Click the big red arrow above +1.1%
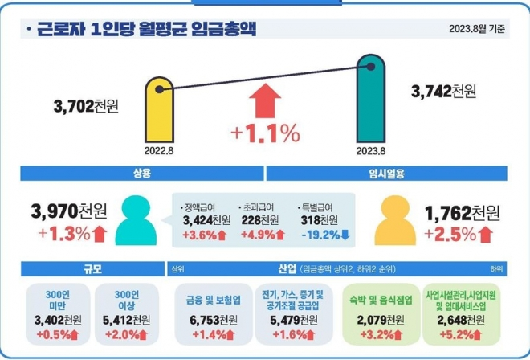(265, 102)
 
